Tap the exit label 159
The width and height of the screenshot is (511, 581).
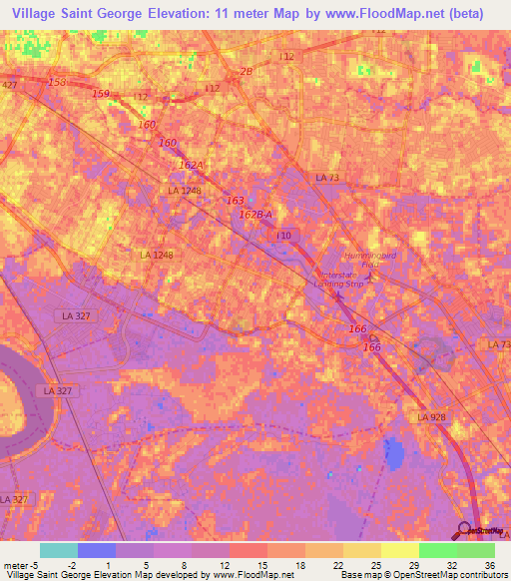coord(101,94)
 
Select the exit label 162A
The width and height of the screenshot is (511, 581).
coord(191,164)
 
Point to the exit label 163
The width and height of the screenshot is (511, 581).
coord(235,201)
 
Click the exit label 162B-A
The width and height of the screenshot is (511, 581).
coord(256,214)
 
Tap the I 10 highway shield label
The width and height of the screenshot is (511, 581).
coord(284,235)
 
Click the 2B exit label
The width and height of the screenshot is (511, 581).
coord(246,72)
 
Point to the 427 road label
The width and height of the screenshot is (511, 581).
coord(9,86)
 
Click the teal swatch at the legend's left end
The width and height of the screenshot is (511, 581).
coord(59,550)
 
